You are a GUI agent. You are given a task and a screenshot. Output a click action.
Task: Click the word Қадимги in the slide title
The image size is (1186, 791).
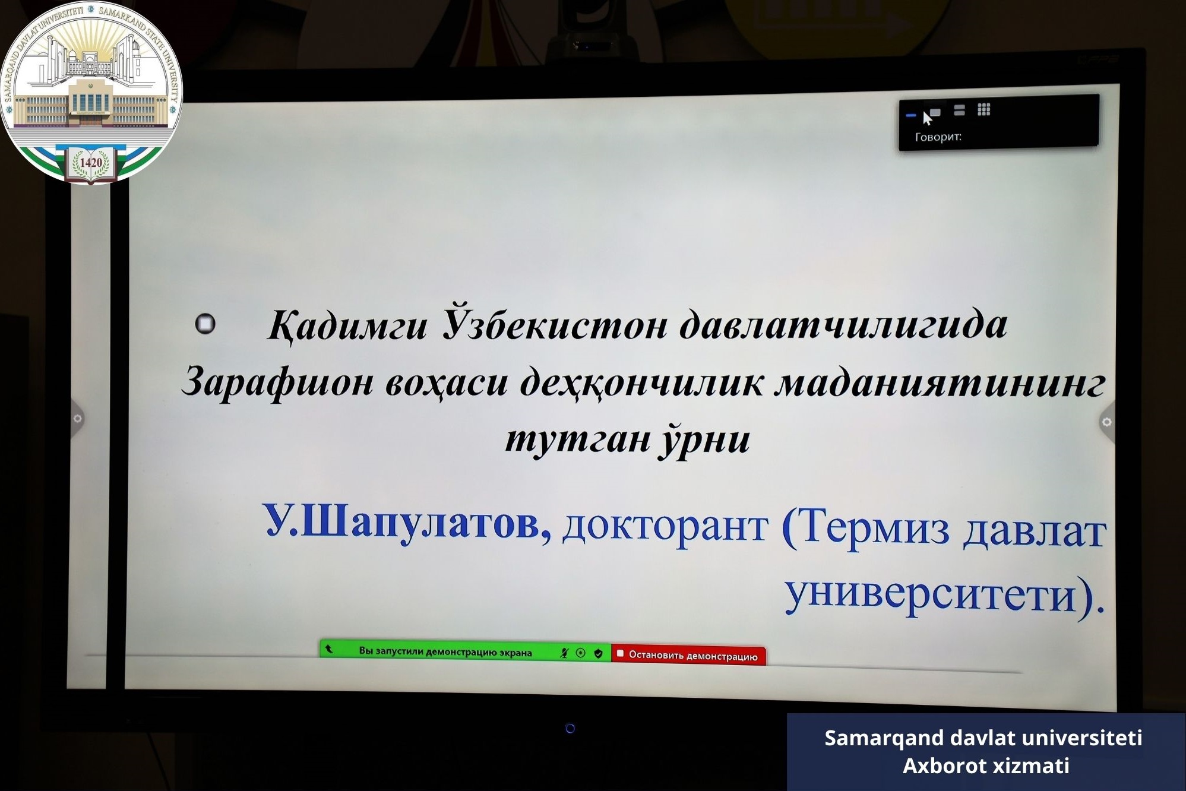click(347, 325)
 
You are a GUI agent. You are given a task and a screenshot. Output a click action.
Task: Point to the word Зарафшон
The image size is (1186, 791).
click(277, 381)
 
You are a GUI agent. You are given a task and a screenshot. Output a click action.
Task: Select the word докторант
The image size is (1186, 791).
click(665, 526)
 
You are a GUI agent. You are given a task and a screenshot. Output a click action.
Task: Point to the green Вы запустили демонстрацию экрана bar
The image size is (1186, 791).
click(466, 651)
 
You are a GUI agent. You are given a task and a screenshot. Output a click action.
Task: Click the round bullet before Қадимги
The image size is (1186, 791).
click(205, 324)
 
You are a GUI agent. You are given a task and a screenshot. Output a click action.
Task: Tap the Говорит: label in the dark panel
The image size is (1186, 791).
click(938, 137)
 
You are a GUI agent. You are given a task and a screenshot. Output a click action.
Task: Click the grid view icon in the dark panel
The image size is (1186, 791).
click(984, 109)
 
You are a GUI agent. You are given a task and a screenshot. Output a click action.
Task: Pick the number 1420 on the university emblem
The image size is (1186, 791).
click(91, 162)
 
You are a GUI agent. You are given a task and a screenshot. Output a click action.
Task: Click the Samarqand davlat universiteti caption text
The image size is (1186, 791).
click(983, 738)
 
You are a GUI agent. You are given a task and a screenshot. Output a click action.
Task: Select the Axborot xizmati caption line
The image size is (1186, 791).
click(986, 766)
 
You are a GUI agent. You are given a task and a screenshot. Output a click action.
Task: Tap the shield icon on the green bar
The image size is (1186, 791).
click(598, 653)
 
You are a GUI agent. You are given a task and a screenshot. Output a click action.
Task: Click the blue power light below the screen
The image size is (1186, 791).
click(570, 728)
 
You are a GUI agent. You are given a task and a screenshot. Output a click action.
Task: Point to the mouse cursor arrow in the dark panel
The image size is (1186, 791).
click(927, 118)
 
